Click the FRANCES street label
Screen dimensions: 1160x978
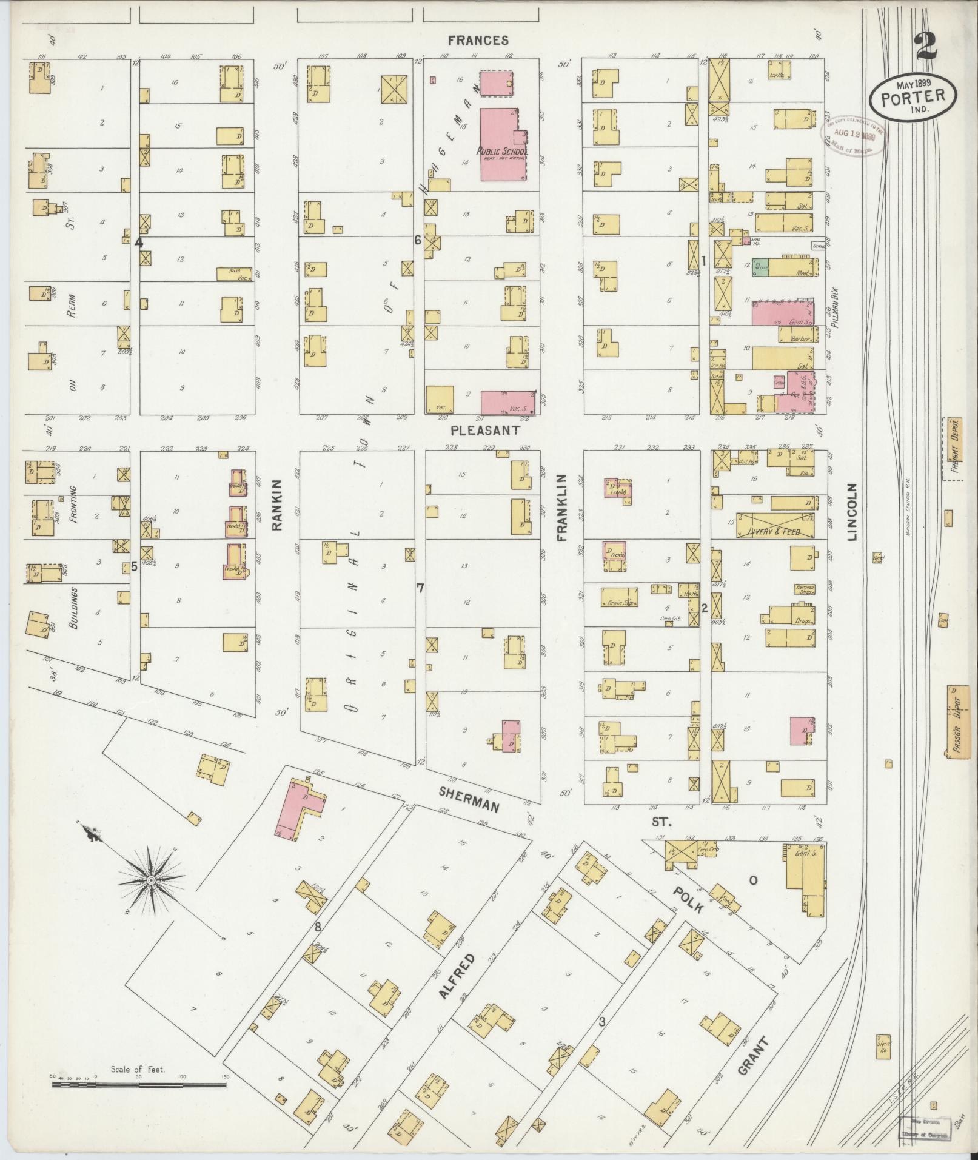pos(478,41)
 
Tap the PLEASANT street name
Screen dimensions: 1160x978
pos(485,430)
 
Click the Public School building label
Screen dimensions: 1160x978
pos(503,152)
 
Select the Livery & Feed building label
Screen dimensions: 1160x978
pos(769,532)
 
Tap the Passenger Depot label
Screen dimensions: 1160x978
pos(958,722)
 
